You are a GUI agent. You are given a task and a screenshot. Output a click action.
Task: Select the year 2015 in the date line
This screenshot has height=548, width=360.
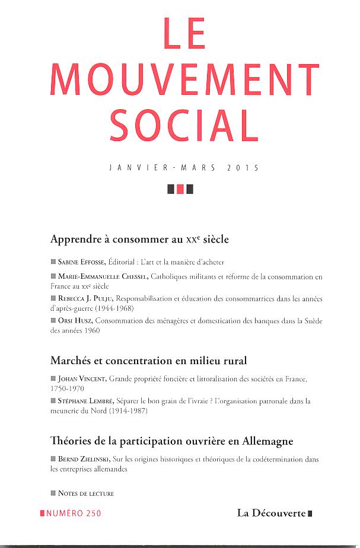click(x=243, y=168)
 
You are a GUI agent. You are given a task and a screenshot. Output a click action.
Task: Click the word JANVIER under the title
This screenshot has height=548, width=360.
click(x=136, y=168)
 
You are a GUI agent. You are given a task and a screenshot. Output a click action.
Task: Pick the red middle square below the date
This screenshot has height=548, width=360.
click(x=180, y=190)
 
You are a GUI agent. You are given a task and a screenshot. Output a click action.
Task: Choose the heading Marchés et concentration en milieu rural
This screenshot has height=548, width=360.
click(x=148, y=360)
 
